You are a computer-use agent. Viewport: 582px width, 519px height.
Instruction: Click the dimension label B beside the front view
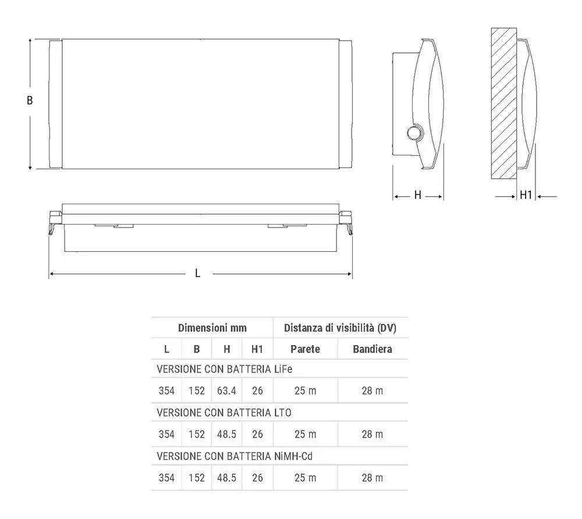30,101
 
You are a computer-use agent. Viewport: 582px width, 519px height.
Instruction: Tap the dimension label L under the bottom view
198,273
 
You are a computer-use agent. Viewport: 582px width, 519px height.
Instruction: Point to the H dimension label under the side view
417,195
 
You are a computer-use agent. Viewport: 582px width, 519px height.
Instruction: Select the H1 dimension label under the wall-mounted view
526,195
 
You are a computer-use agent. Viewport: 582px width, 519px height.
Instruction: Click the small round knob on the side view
414,133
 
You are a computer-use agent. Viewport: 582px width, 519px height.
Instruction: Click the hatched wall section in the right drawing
504,104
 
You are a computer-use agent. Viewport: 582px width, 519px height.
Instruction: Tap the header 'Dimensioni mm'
212,328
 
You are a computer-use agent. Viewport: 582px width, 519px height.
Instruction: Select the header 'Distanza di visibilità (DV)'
340,328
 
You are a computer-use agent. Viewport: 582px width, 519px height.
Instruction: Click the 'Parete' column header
305,349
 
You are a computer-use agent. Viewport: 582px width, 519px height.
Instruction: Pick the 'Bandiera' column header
372,349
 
